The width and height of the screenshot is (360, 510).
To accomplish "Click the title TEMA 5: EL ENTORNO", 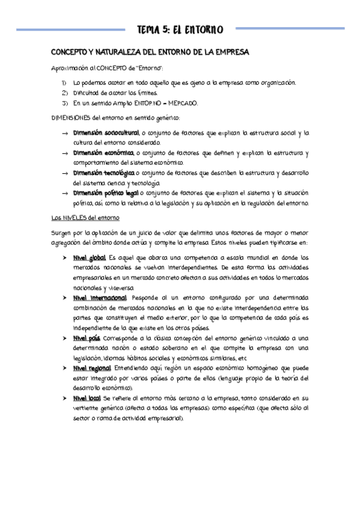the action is [180, 29].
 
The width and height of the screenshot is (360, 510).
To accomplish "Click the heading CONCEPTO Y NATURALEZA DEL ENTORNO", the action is [149, 53].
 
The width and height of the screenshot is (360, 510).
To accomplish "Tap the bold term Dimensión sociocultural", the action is [106, 132].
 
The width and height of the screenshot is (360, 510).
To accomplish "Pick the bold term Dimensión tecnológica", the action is [103, 173].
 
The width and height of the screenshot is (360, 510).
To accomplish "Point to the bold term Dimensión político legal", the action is [105, 193].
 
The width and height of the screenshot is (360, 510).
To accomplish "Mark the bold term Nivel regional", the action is [92, 368].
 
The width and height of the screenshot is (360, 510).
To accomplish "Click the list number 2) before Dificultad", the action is [65, 92].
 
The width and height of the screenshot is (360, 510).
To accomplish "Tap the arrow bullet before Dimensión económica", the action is [64, 153].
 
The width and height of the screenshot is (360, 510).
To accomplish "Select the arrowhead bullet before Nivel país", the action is [64, 338].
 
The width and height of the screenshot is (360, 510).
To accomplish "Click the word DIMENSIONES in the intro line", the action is [70, 117].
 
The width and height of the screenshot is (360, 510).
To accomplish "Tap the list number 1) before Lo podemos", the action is [65, 82].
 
